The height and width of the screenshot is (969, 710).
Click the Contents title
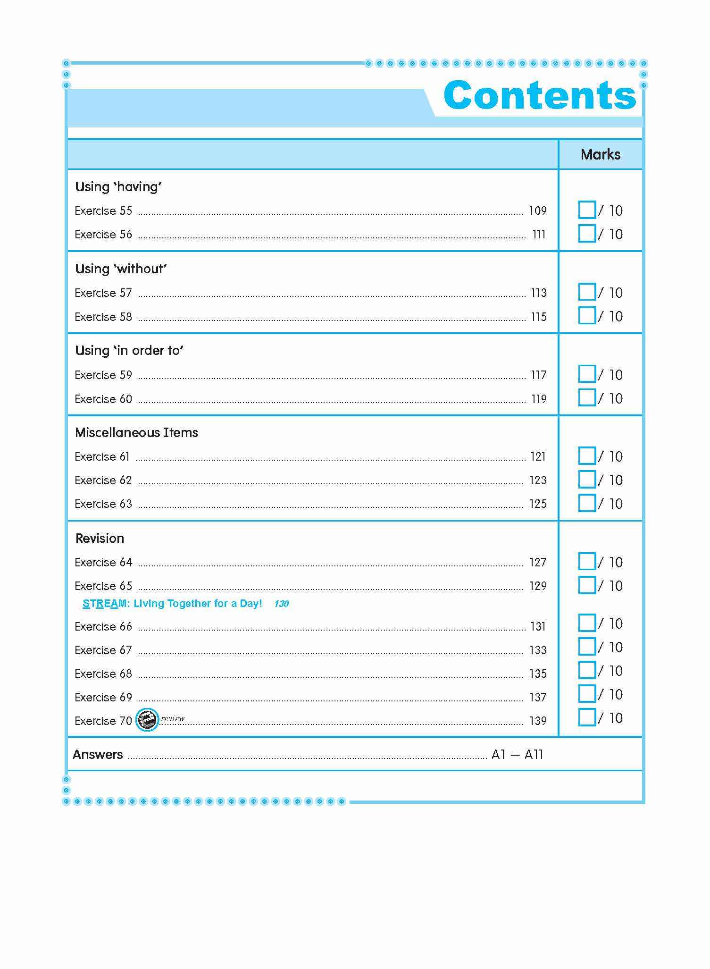point(540,95)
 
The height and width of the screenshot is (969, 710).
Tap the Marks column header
point(600,154)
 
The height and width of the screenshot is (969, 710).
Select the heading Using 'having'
point(118,187)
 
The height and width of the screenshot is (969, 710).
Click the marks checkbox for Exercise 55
point(587,210)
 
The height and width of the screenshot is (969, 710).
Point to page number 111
point(539,235)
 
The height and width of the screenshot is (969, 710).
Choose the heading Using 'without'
point(121,269)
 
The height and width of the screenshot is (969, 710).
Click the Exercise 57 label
point(103,293)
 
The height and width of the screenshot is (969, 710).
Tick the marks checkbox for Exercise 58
point(587,316)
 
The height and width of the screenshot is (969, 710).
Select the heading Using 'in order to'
point(129,351)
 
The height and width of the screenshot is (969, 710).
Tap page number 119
point(539,399)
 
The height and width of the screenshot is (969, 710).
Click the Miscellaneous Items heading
point(137,433)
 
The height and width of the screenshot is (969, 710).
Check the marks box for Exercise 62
point(587,480)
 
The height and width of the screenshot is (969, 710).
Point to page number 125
point(538,504)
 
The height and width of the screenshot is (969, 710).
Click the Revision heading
point(100,539)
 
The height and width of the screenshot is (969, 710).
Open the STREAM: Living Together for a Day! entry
point(172,604)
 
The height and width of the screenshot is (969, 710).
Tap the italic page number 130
point(281,604)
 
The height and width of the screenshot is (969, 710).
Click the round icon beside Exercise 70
point(147,720)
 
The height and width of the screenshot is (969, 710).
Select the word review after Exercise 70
point(173,718)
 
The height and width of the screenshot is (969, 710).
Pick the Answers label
point(98,755)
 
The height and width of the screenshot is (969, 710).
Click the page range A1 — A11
point(517,755)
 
